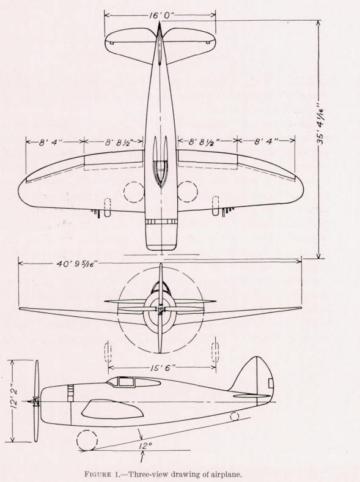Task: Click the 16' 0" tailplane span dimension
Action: point(159,15)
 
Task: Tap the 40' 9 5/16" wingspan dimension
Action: point(76,264)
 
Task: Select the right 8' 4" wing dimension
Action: point(266,141)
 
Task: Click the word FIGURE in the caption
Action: point(98,473)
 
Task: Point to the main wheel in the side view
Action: point(87,440)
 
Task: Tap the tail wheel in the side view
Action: point(234,417)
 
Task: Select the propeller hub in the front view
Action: point(160,308)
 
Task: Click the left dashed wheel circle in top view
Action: point(134,191)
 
